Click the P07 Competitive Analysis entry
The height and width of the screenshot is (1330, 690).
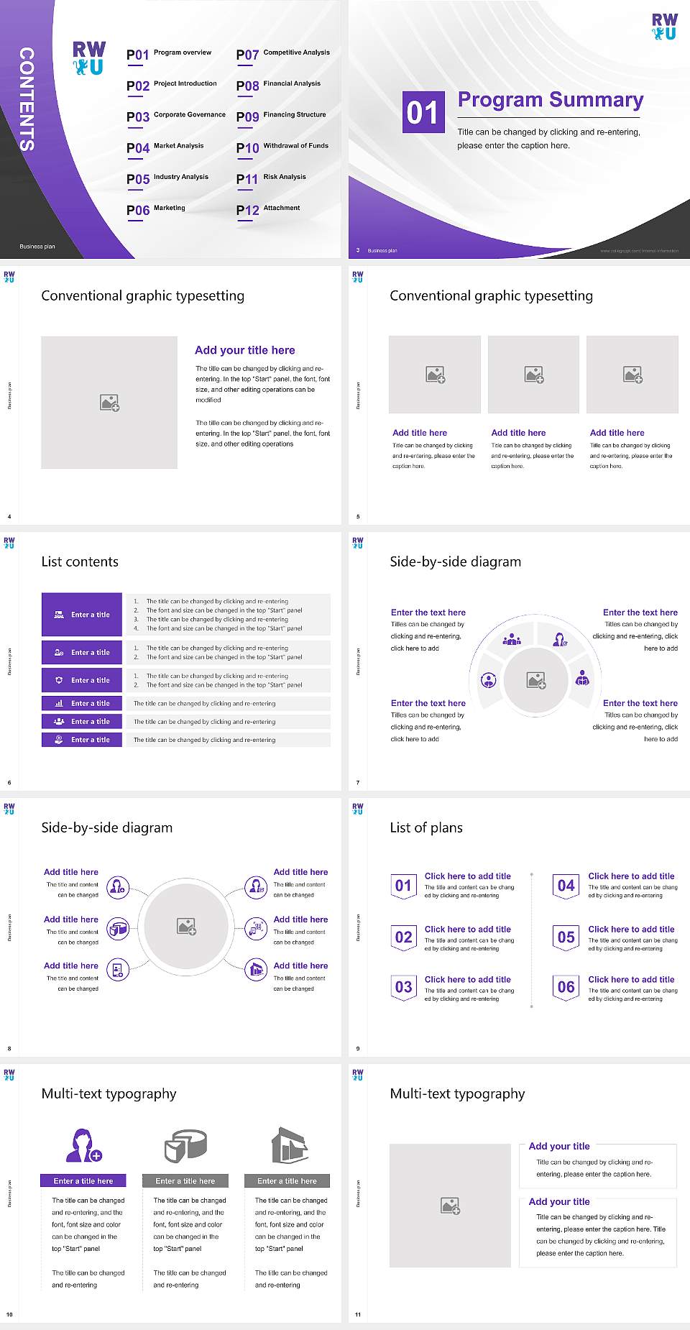pyautogui.click(x=282, y=54)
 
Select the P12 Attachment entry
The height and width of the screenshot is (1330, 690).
pyautogui.click(x=268, y=209)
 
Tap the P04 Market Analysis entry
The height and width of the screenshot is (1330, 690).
pyautogui.click(x=165, y=147)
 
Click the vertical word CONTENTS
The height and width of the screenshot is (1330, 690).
pyautogui.click(x=27, y=99)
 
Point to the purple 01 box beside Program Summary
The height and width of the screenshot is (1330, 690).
pyautogui.click(x=422, y=112)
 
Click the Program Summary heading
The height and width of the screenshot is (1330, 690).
pyautogui.click(x=551, y=100)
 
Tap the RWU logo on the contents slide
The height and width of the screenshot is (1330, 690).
pyautogui.click(x=89, y=58)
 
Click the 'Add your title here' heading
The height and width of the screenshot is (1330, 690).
pyautogui.click(x=244, y=350)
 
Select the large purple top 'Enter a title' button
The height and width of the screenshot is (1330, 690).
pyautogui.click(x=82, y=615)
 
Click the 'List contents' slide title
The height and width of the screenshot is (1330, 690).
pyautogui.click(x=80, y=561)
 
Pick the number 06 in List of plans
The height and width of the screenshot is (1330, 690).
pyautogui.click(x=566, y=987)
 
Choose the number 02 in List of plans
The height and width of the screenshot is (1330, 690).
pyautogui.click(x=404, y=937)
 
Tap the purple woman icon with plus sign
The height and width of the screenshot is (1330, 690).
pyautogui.click(x=83, y=1145)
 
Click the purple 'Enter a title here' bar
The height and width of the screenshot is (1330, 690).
pyautogui.click(x=83, y=1180)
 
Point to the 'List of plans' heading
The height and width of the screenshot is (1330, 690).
pyautogui.click(x=426, y=827)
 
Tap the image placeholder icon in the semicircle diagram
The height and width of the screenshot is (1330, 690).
pyautogui.click(x=536, y=680)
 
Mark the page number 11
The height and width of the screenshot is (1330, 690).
pyautogui.click(x=358, y=1315)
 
